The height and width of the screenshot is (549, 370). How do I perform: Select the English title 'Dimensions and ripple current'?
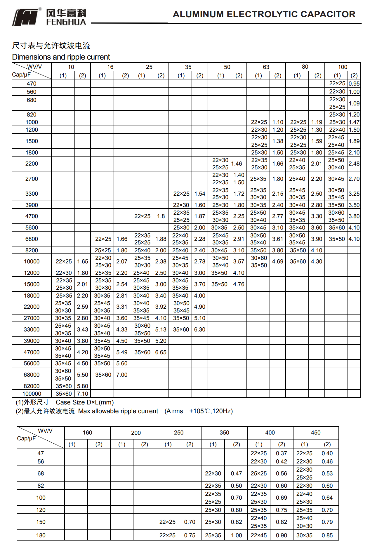pyautogui.click(x=61, y=57)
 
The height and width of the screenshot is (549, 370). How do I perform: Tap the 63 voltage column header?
pyautogui.click(x=266, y=67)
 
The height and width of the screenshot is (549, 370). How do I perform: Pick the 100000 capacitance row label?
pyautogui.click(x=32, y=394)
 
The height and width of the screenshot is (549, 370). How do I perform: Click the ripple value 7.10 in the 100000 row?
pyautogui.click(x=83, y=394)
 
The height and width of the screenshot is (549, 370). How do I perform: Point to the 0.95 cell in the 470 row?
pyautogui.click(x=354, y=84)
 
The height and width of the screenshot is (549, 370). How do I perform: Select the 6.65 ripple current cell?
pyautogui.click(x=161, y=352)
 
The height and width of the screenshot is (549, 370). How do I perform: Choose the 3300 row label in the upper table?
pyautogui.click(x=32, y=194)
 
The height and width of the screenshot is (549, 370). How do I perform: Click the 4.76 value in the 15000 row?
pyautogui.click(x=239, y=284)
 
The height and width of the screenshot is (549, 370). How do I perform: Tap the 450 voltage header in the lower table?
pyautogui.click(x=316, y=432)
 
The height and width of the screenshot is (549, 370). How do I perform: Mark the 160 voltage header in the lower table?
pyautogui.click(x=87, y=432)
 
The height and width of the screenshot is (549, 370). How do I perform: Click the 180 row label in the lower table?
pyautogui.click(x=41, y=535)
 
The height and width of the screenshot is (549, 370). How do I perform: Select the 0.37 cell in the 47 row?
pyautogui.click(x=282, y=453)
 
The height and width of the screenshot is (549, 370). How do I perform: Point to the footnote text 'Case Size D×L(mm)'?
pyautogui.click(x=85, y=402)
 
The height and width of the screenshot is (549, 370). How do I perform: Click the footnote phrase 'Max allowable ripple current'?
pyautogui.click(x=118, y=411)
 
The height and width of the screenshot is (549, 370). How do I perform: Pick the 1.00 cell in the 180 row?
pyautogui.click(x=236, y=535)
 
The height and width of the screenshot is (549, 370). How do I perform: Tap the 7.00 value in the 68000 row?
pyautogui.click(x=122, y=375)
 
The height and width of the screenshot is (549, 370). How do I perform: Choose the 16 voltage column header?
pyautogui.click(x=110, y=67)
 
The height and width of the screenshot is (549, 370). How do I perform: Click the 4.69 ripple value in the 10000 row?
pyautogui.click(x=277, y=261)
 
